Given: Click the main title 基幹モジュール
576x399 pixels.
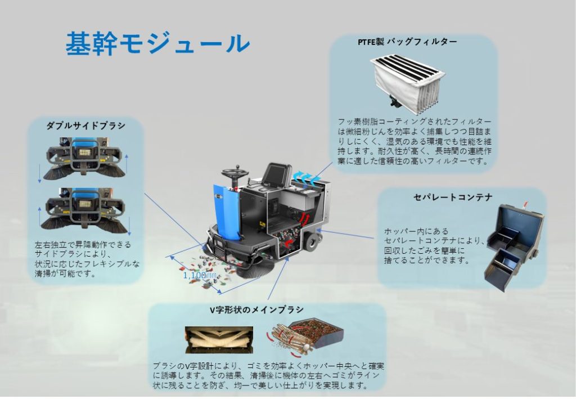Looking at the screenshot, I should [x=157, y=43].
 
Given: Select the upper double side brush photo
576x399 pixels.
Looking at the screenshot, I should [x=85, y=158].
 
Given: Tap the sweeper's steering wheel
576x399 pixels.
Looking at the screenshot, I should [x=232, y=172].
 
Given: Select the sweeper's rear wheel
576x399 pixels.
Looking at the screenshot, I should [x=311, y=241].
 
